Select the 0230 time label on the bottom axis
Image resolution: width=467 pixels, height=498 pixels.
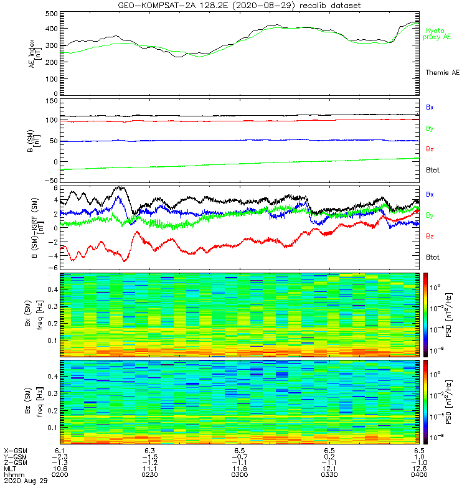(x=149, y=474)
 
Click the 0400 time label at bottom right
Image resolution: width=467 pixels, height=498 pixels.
(x=419, y=474)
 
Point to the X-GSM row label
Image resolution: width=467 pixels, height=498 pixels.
(x=16, y=449)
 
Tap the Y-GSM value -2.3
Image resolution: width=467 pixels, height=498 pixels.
(x=60, y=456)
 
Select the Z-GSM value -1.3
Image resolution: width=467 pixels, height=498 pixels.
(x=60, y=462)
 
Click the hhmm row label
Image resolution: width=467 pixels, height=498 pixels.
(x=12, y=474)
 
